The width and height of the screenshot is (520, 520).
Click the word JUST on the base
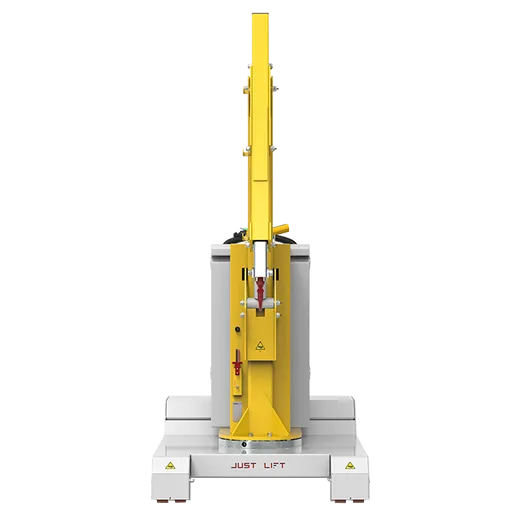(x=243, y=465)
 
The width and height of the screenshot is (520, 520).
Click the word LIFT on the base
(x=274, y=465)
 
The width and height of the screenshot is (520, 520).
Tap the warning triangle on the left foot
(x=170, y=465)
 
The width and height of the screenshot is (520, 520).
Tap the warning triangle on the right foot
(x=349, y=465)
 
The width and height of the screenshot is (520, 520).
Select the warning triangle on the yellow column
(x=260, y=346)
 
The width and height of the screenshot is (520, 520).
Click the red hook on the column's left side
(x=237, y=362)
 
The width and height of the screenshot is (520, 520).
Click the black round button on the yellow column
(x=238, y=329)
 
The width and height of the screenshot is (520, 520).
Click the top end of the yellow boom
(x=261, y=14)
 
